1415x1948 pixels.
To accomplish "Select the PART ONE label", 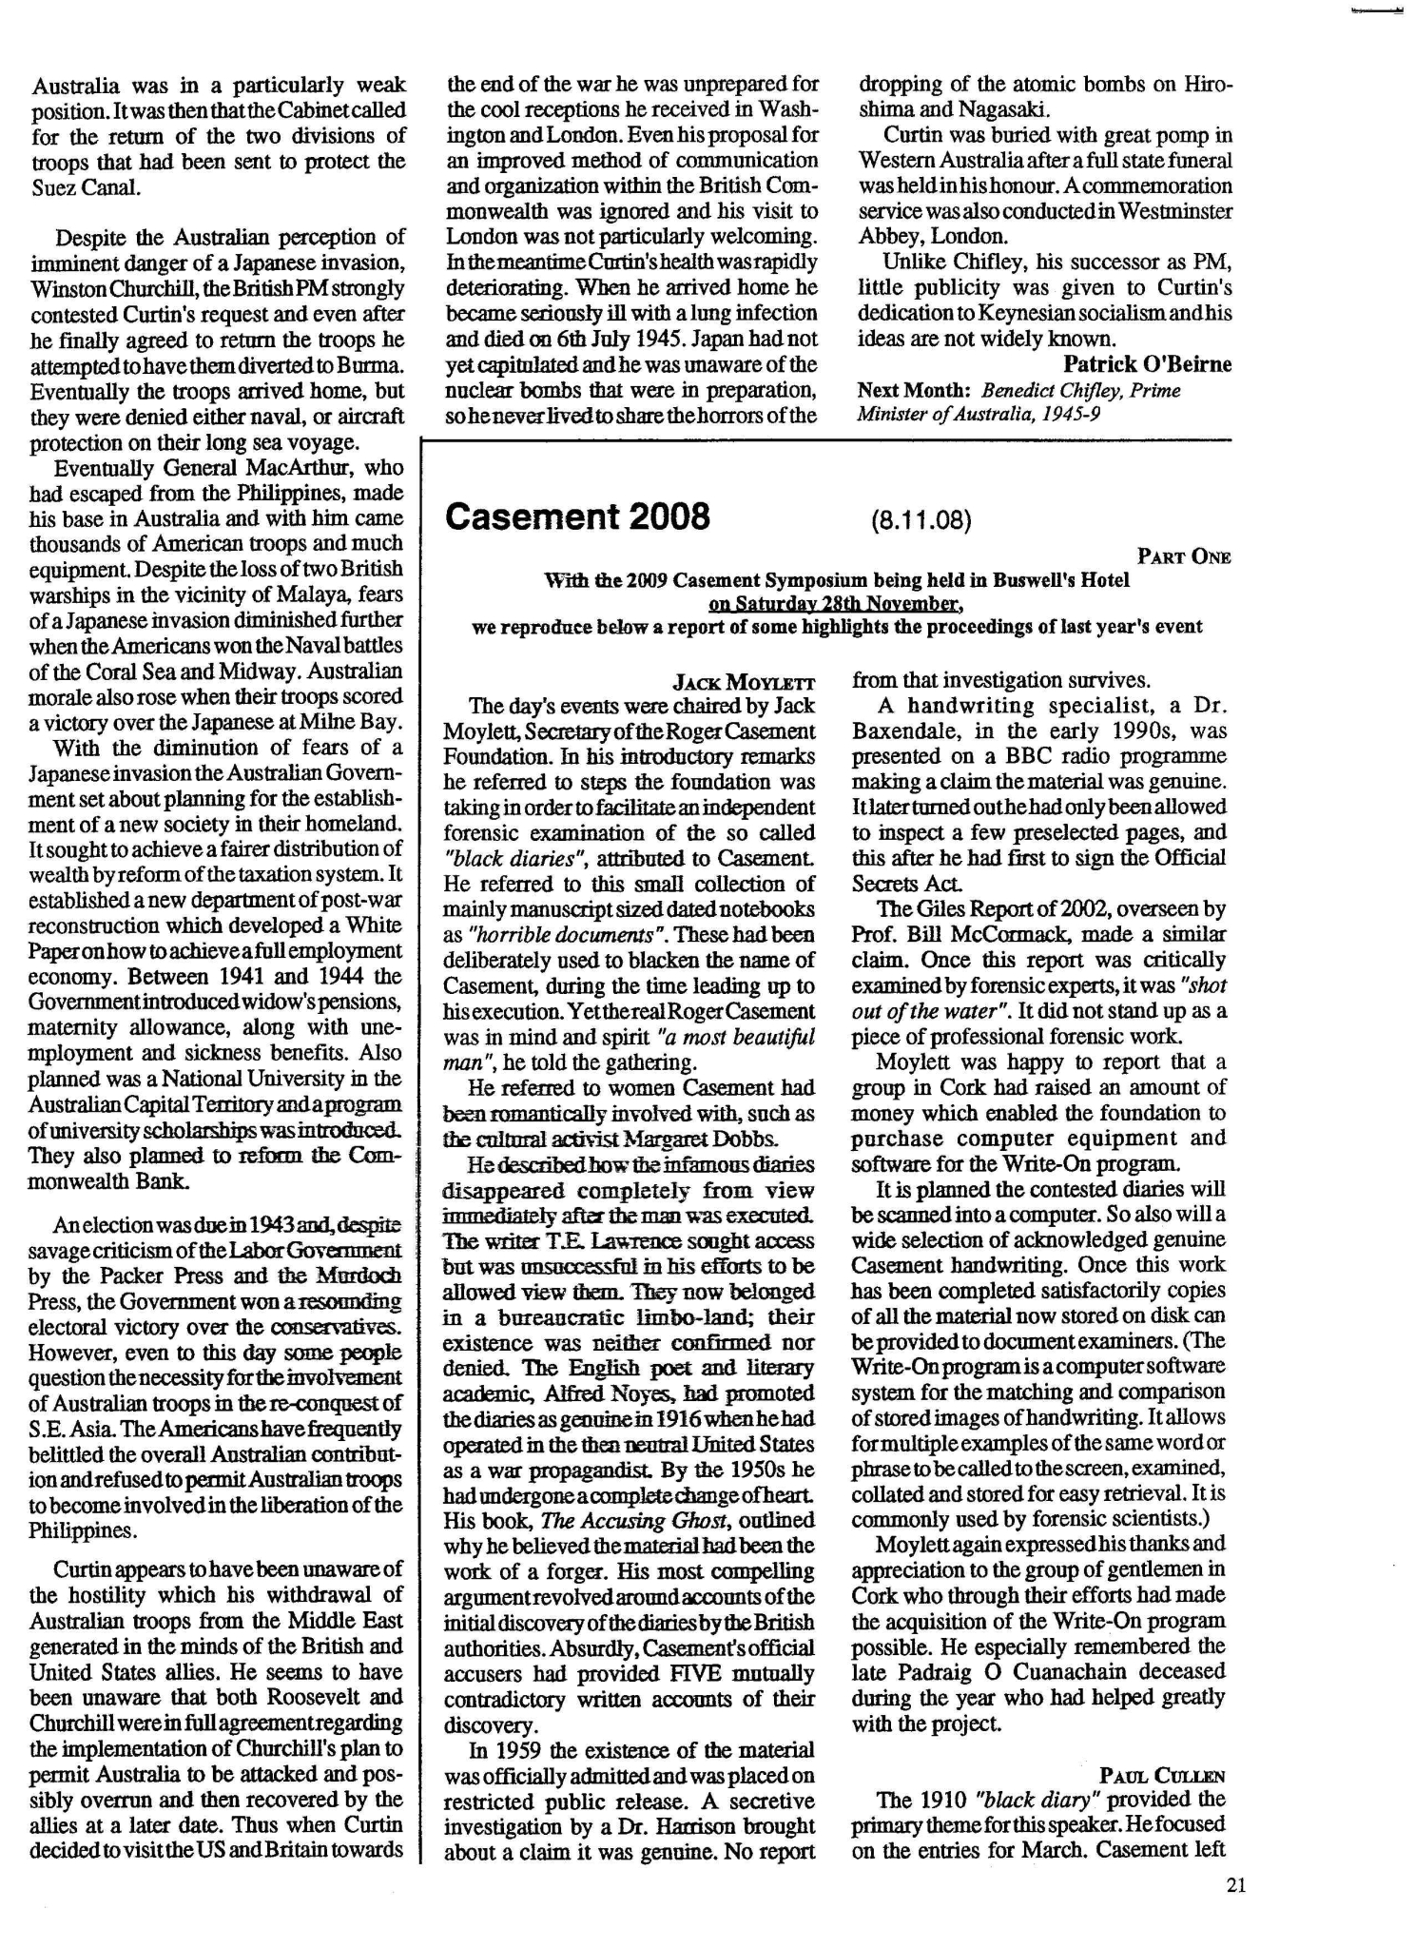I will [x=1184, y=556].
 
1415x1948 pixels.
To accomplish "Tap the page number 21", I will [x=1235, y=1886].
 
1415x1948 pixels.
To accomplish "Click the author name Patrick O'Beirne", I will [x=1147, y=364].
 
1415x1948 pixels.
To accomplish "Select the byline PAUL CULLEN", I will [x=1162, y=1775].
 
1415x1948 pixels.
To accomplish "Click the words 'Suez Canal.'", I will [x=86, y=186].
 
